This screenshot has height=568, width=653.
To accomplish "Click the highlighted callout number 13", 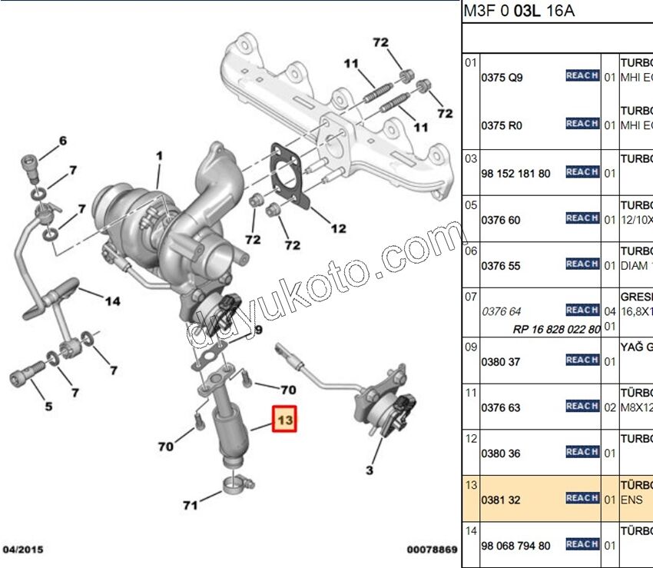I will [285, 420].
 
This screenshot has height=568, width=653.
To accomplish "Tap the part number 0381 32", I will [500, 500].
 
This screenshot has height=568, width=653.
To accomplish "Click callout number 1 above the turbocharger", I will [160, 156].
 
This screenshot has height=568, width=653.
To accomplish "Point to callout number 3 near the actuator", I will [369, 469].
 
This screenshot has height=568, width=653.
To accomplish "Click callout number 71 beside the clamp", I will [190, 504].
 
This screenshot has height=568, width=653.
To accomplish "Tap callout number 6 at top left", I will [62, 140].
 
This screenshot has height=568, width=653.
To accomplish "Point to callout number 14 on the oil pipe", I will [112, 301].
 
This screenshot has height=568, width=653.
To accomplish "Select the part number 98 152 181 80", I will [515, 174].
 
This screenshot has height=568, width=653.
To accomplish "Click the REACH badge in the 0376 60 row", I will [582, 218].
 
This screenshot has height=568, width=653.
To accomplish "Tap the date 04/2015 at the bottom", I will [23, 550].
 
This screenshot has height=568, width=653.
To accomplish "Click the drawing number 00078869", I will [432, 550].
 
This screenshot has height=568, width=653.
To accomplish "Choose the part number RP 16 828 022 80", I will [557, 329].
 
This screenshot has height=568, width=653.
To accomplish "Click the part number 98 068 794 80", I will [515, 546].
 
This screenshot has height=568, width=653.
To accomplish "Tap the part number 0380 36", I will [500, 453].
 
